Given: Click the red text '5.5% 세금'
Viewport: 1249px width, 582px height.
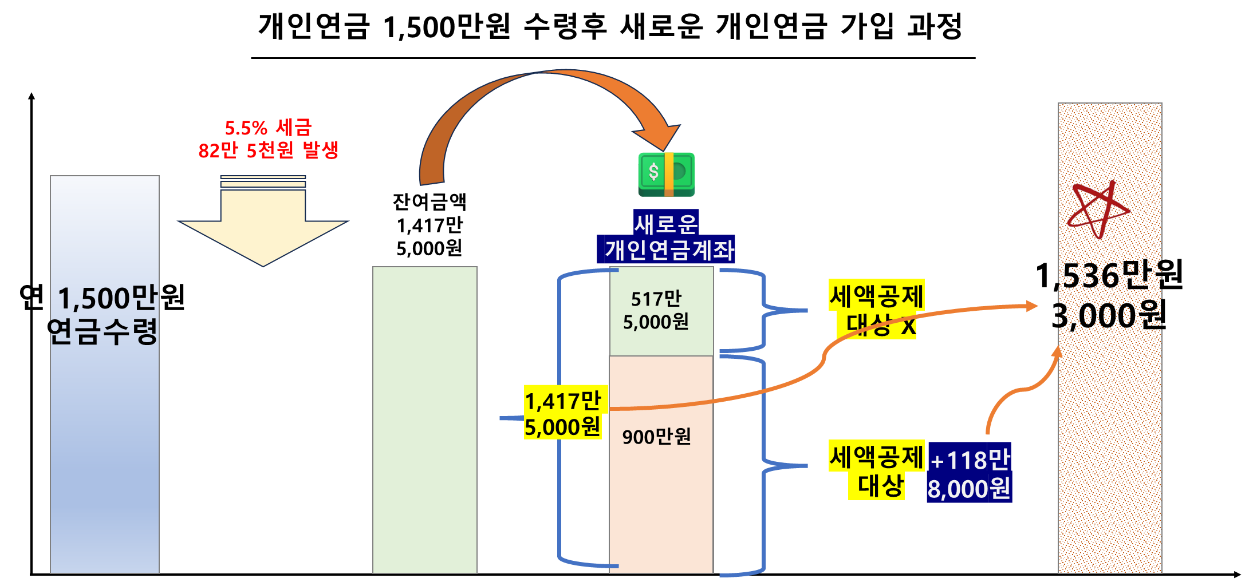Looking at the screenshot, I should click(x=268, y=128).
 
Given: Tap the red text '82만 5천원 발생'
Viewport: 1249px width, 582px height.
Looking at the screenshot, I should click(x=268, y=151).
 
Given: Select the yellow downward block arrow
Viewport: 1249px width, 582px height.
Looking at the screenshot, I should click(x=263, y=229).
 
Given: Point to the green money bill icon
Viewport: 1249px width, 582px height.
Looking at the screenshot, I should click(x=667, y=174).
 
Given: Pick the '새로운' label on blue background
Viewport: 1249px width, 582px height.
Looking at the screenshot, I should click(x=666, y=223).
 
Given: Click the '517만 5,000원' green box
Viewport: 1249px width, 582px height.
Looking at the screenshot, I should click(x=661, y=311).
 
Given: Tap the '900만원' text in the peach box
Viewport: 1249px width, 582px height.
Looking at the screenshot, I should click(x=656, y=437).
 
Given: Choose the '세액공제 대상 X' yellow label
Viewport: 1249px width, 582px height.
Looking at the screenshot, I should click(x=877, y=310).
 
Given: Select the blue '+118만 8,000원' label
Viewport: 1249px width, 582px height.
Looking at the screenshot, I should click(x=969, y=473).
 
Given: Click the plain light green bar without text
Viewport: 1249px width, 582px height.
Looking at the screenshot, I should click(x=424, y=419).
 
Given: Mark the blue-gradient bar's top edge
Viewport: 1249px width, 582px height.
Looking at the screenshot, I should click(x=105, y=176).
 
